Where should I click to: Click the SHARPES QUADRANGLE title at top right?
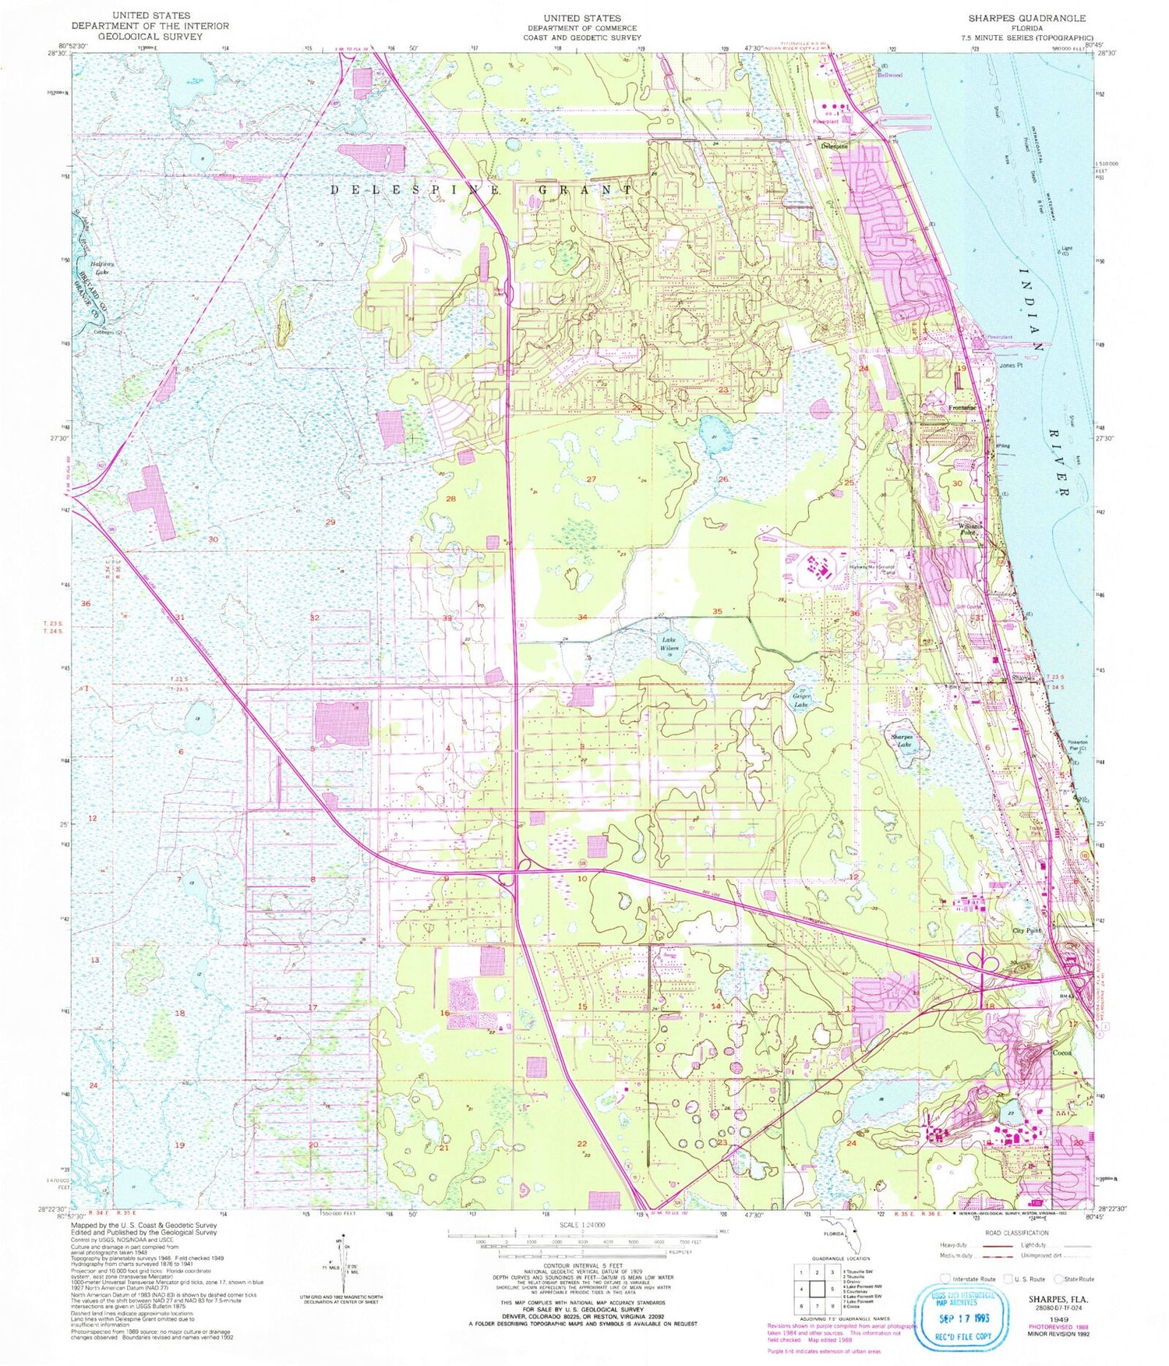(x=1026, y=18)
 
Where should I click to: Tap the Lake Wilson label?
(x=670, y=643)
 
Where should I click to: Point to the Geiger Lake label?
(x=801, y=700)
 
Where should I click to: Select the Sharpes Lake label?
(x=902, y=740)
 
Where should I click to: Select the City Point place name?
(x=1026, y=931)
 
